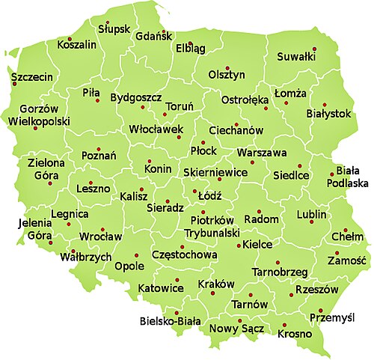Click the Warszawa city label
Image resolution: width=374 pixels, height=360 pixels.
pos(262,153)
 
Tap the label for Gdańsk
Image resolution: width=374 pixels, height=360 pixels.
pos(155,36)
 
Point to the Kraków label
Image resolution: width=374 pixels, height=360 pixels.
pos(217,284)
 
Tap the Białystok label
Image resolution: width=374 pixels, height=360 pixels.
pos(328,114)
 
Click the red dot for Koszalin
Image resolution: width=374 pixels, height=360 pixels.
pos(70,38)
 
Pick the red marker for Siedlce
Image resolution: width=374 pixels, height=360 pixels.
pos(299,165)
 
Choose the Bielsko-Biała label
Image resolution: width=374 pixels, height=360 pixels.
pos(171,323)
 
